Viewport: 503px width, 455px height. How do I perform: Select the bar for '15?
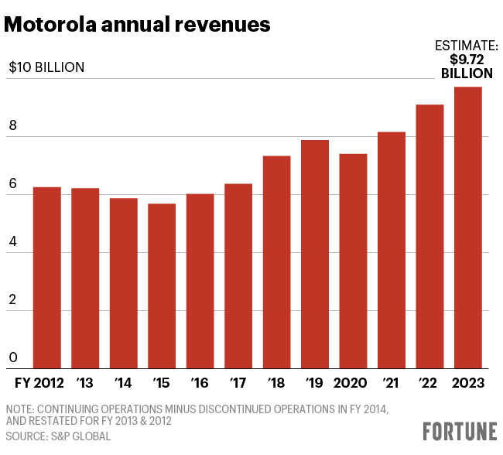click(162, 286)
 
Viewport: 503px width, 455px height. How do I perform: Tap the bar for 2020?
click(353, 261)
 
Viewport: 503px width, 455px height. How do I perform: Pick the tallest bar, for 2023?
click(467, 227)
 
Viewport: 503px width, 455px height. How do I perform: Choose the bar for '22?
click(429, 236)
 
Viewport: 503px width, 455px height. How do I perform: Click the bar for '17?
click(238, 275)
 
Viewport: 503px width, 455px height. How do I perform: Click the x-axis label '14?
click(122, 382)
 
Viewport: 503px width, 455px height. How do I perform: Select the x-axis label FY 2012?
click(39, 382)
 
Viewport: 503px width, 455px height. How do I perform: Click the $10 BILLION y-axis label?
click(46, 67)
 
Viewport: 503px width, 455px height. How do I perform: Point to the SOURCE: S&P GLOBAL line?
click(58, 436)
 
